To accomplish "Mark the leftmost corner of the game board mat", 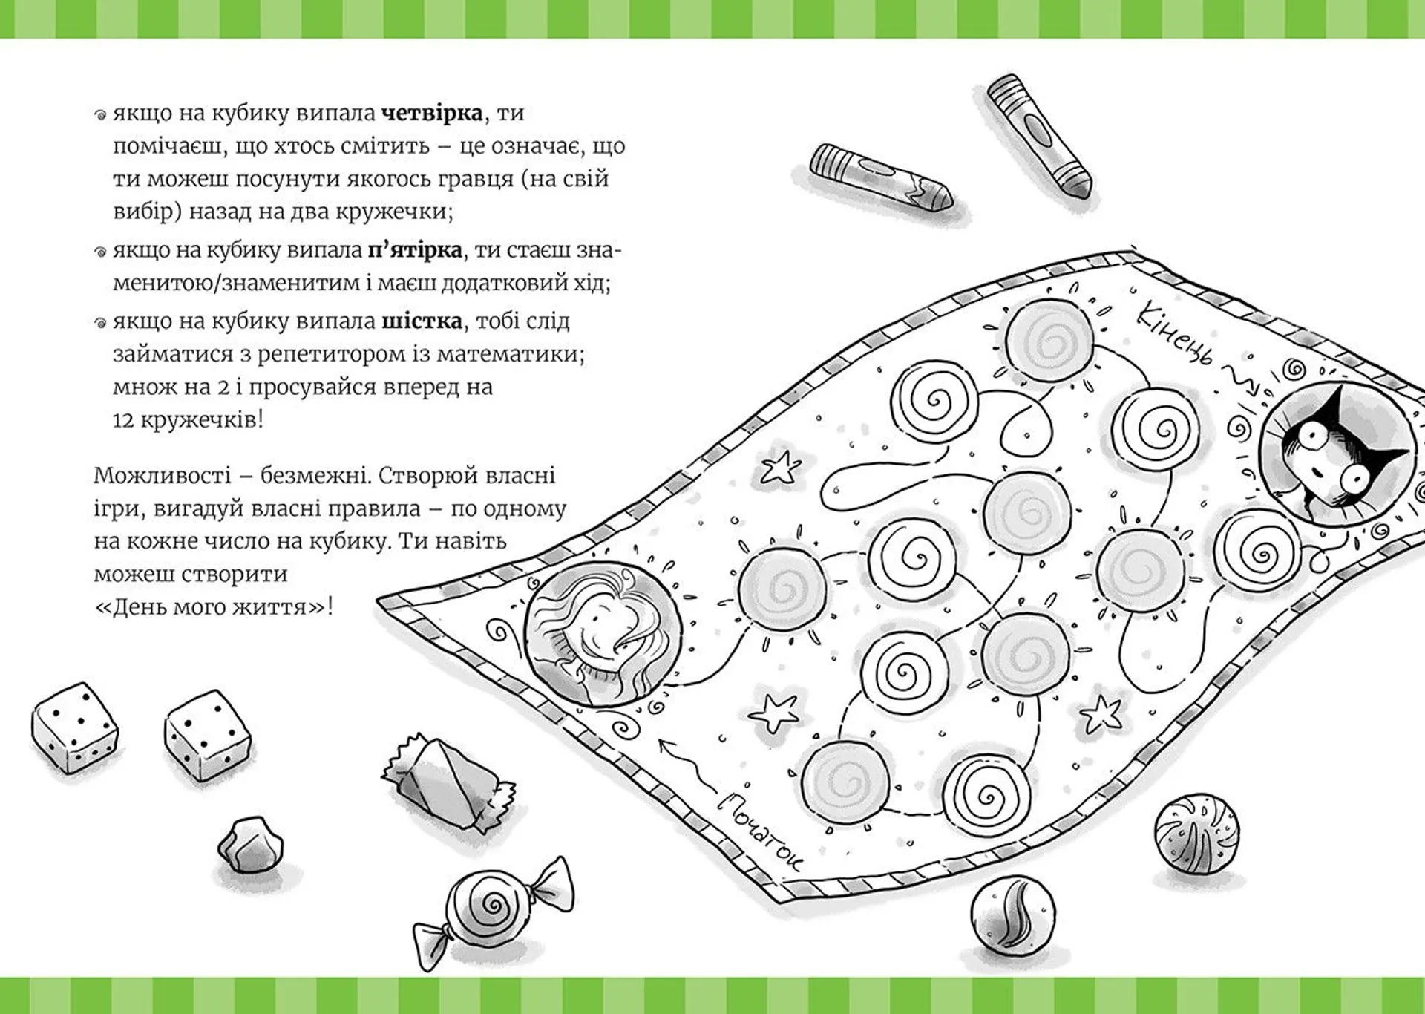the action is [x=378, y=598].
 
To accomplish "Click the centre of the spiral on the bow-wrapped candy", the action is [x=491, y=903].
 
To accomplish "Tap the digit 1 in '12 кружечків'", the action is [x=117, y=420].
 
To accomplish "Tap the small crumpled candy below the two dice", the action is [x=250, y=845].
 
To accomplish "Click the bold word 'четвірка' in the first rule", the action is [x=431, y=113].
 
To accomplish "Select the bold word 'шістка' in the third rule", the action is [x=422, y=321].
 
